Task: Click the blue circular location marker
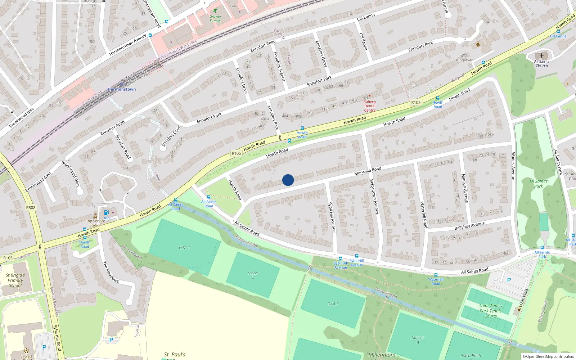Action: (x=288, y=180)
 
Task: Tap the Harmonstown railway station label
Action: (x=122, y=89)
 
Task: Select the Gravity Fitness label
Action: (x=215, y=18)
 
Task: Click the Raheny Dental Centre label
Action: (x=370, y=106)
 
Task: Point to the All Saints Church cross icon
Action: (x=541, y=56)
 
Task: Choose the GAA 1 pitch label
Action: (x=184, y=247)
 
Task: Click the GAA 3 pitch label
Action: (x=333, y=304)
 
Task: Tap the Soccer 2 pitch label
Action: (x=253, y=275)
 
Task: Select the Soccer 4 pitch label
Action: (x=418, y=340)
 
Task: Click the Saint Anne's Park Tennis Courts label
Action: (x=490, y=311)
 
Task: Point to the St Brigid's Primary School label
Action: (x=15, y=280)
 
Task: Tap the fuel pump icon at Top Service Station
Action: (x=107, y=213)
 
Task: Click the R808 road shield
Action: (x=31, y=208)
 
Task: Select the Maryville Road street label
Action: (x=368, y=171)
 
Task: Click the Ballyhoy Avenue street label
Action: (x=469, y=226)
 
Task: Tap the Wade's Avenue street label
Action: (x=513, y=166)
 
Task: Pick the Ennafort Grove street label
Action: (x=321, y=54)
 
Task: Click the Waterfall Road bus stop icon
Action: (x=436, y=275)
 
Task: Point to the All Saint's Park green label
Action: (x=538, y=184)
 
